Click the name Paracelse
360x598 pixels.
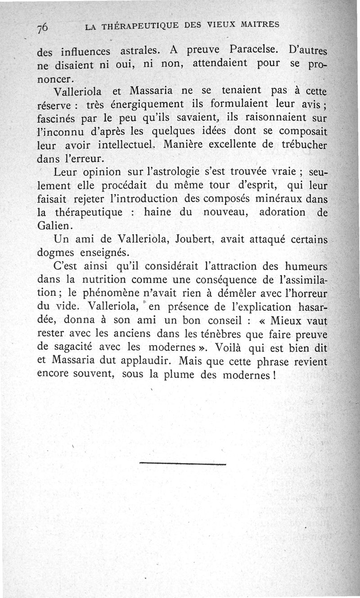[x=252, y=49]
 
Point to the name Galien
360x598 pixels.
[x=54, y=225]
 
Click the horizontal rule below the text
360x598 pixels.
[x=182, y=463]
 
